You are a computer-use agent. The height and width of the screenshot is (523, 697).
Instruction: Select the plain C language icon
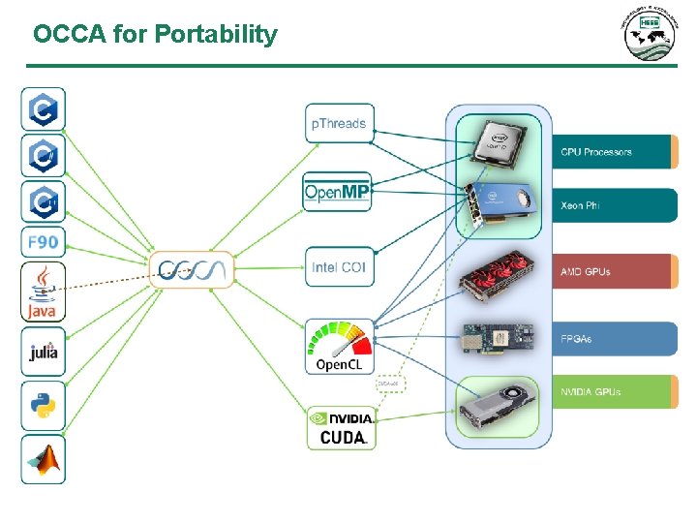(44, 109)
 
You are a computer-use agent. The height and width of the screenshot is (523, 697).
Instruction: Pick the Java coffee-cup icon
(44, 292)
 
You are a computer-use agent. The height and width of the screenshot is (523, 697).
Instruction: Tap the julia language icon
(44, 352)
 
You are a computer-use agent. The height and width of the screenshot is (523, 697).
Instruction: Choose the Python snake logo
(44, 405)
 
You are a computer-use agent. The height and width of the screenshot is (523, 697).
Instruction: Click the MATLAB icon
(44, 459)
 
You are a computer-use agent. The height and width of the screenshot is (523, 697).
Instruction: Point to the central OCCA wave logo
(193, 269)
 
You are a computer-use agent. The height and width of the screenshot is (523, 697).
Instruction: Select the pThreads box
(339, 123)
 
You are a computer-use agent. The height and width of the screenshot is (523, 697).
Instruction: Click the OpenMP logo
(337, 192)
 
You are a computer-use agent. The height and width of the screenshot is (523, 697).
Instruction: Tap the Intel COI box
(339, 266)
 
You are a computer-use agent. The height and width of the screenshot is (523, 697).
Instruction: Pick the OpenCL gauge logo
(339, 346)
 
